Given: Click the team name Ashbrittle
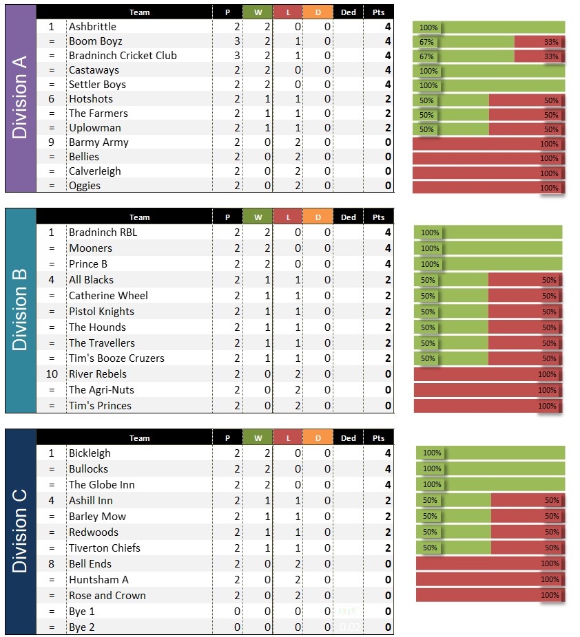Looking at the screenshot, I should (92, 27).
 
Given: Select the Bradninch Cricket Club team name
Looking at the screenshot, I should (123, 56).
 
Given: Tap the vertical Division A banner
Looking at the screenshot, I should (20, 98).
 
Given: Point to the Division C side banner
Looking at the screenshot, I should (20, 531).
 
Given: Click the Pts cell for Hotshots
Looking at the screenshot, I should (379, 99).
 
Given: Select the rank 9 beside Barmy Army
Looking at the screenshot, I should (51, 142).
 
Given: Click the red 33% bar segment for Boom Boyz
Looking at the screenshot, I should (539, 41).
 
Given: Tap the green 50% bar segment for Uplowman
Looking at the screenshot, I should (450, 129).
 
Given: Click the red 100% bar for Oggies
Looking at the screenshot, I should (488, 186).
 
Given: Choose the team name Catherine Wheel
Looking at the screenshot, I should (108, 296).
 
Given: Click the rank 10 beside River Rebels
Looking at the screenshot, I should (51, 374).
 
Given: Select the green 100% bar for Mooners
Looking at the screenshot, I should (488, 248).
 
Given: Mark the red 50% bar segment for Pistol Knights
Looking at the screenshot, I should (525, 312).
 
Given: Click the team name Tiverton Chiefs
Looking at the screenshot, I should (104, 548).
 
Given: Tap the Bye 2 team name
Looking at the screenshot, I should (82, 627).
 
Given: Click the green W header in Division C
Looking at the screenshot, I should (258, 438).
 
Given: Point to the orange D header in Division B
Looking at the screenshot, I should (318, 217).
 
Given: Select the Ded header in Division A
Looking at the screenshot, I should (349, 12).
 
